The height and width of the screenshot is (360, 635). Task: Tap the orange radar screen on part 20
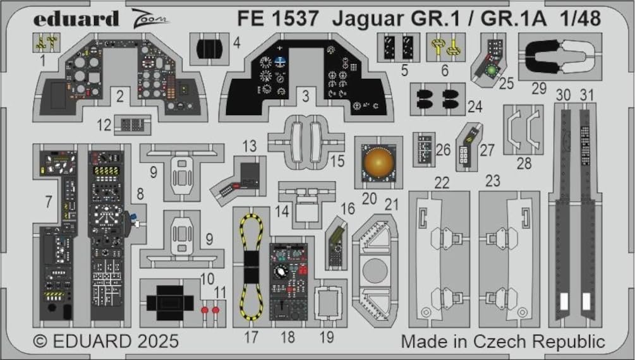click(378, 160)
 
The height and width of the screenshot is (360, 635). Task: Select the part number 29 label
click(538, 89)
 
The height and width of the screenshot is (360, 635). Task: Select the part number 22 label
click(442, 182)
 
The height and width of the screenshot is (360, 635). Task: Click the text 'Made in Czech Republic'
click(503, 342)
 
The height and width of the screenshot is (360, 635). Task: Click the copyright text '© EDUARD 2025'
click(106, 342)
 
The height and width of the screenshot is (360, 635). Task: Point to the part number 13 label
click(250, 147)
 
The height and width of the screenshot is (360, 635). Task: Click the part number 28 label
click(523, 164)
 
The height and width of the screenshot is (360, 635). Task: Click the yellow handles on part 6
click(445, 47)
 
